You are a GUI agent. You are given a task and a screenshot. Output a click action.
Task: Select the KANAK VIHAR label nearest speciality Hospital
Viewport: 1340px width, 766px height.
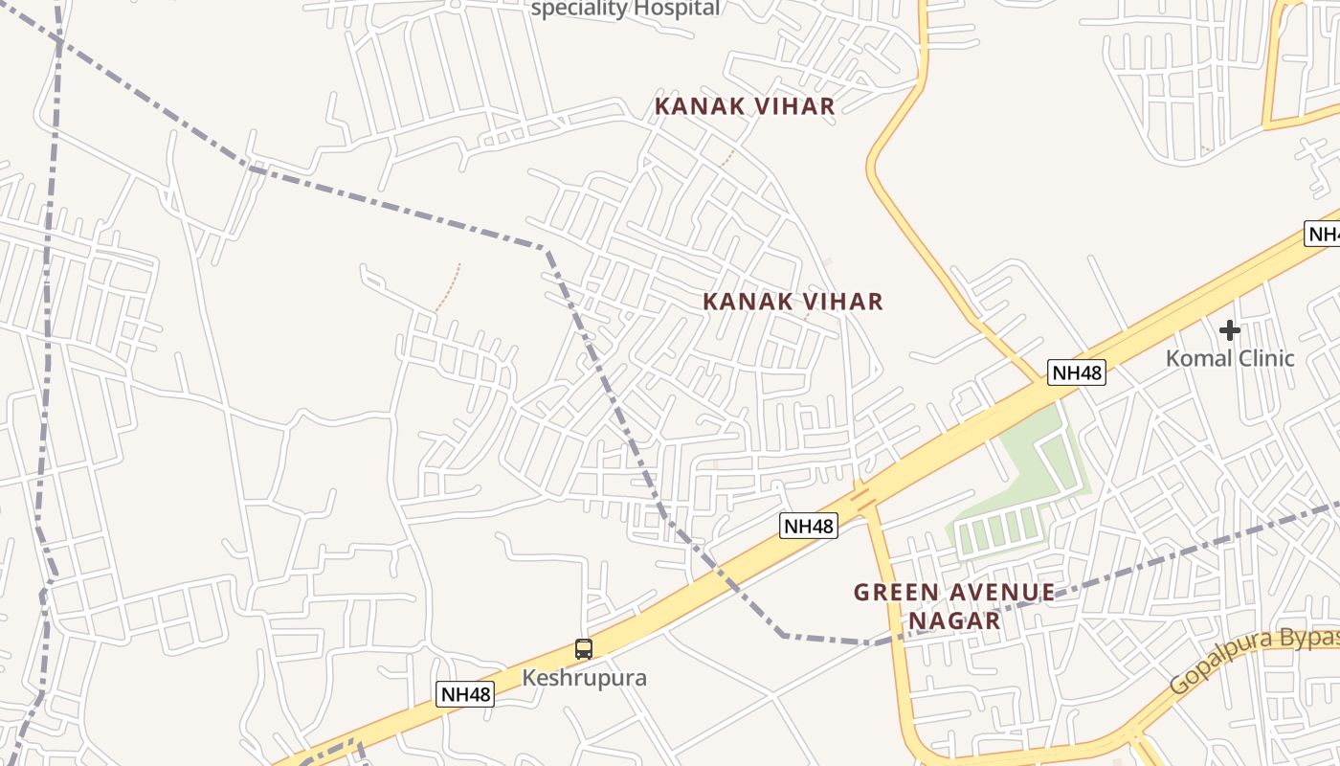click(x=745, y=106)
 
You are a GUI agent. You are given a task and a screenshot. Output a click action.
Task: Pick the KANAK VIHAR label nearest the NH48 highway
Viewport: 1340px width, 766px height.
click(x=793, y=302)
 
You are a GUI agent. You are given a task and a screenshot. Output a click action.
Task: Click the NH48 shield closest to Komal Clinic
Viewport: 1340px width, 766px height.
click(x=1077, y=372)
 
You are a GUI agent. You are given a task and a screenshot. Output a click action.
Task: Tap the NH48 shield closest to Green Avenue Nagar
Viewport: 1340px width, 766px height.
click(x=808, y=526)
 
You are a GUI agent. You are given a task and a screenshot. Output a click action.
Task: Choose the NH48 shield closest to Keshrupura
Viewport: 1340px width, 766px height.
click(x=465, y=694)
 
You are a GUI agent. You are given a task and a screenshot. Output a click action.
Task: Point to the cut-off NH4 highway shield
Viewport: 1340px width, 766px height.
click(x=1323, y=234)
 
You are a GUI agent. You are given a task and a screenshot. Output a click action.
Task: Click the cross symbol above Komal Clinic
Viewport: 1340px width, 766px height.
click(x=1230, y=330)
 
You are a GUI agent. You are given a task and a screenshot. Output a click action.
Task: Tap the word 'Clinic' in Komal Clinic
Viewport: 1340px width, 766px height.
click(x=1263, y=359)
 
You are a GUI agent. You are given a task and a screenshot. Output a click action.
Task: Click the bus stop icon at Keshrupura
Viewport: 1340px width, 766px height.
click(x=584, y=648)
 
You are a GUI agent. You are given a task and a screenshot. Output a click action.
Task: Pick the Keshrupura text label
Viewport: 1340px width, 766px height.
click(x=584, y=678)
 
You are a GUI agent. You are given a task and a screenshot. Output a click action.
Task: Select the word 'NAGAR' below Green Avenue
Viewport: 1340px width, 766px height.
click(x=954, y=621)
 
